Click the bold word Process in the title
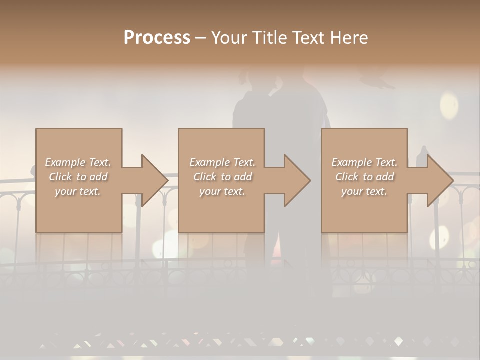[x=157, y=38]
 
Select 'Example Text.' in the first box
[x=78, y=162]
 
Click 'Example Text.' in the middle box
[x=222, y=162]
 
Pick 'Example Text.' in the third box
[x=364, y=162]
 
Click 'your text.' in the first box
[x=78, y=191]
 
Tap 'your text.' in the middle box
[x=222, y=191]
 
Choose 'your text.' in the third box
[x=364, y=191]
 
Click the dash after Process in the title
[x=200, y=38]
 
